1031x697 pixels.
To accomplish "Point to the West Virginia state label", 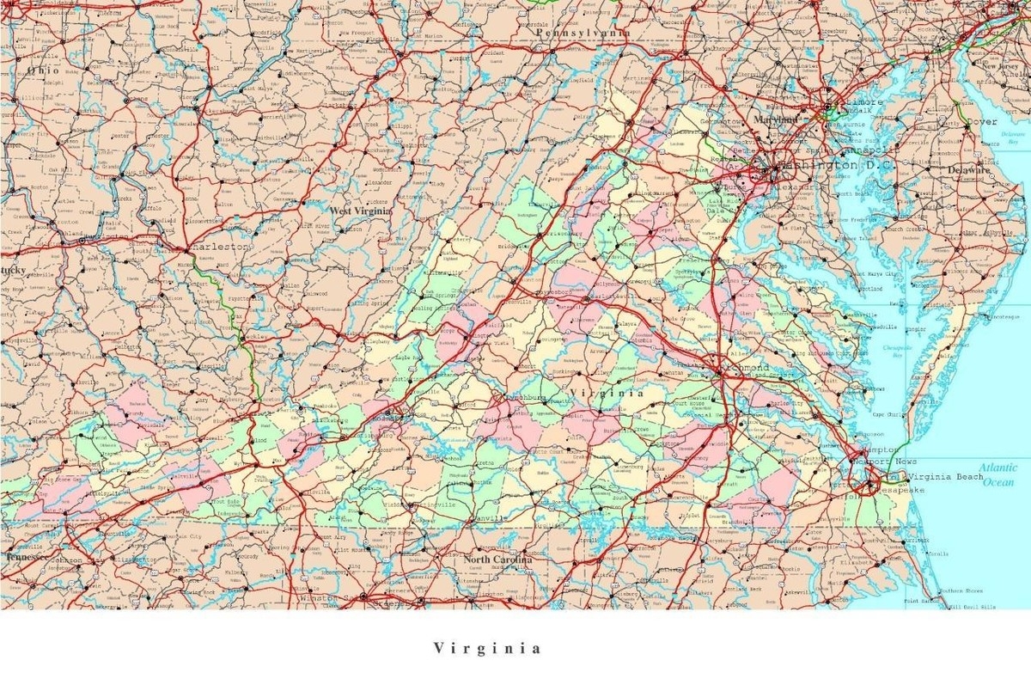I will (361, 211).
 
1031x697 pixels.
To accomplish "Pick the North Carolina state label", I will (497, 559).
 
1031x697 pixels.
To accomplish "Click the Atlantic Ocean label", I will (999, 474).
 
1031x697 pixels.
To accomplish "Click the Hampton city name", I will (878, 449).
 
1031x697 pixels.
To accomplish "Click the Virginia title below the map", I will (487, 648).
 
